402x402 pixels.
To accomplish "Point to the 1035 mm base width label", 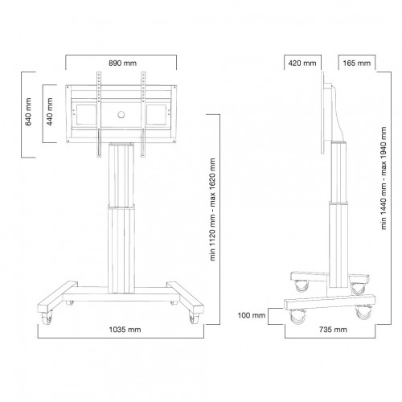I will (x=121, y=329).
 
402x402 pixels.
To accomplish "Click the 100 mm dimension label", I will (x=252, y=315).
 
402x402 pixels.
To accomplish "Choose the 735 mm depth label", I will (x=330, y=329).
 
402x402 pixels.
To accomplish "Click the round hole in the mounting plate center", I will (x=121, y=113).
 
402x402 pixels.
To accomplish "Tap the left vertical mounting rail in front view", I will (x=99, y=113).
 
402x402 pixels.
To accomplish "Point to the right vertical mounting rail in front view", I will (x=143, y=113).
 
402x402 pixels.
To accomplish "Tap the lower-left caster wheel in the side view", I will (x=296, y=317).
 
